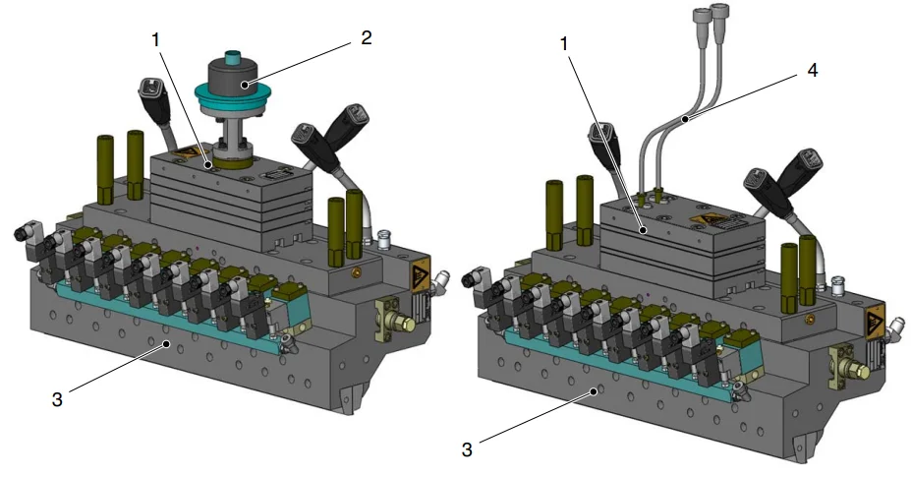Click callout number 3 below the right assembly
click(x=468, y=449)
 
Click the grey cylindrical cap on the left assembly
click(x=235, y=75)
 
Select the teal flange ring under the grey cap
click(x=235, y=97)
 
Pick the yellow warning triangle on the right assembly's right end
click(x=874, y=324)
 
